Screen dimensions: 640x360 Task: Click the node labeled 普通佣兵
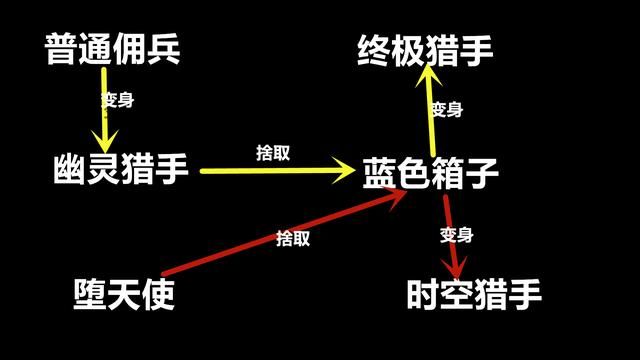112,49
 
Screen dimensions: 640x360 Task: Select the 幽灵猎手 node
121,171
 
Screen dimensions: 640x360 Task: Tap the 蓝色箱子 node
430,172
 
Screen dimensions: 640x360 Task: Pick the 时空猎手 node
474,294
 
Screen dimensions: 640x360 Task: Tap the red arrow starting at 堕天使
280,229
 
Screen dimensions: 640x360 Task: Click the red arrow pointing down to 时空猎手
452,235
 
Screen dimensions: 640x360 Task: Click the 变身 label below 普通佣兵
118,100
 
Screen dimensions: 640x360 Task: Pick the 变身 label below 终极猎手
446,109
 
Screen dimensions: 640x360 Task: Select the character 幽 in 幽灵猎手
70,171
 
